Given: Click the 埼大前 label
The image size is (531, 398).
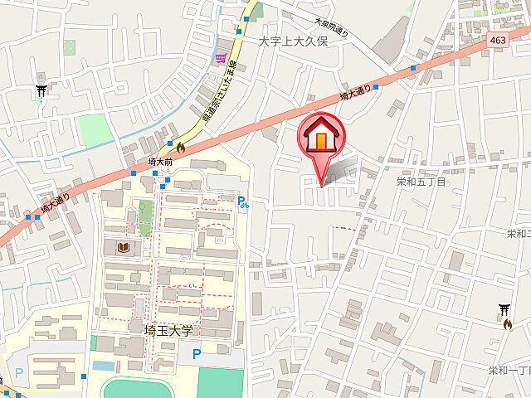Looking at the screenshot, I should pos(159,163).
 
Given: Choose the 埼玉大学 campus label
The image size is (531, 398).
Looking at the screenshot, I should pos(168,329).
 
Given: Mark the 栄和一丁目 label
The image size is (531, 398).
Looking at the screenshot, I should pos(509,370).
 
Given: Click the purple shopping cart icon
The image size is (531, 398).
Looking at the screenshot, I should pos(220,58).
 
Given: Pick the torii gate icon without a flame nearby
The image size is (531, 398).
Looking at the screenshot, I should pos(41,90).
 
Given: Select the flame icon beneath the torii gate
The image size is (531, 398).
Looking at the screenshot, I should pos(506,323).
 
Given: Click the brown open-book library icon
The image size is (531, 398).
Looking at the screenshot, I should pos(124,247).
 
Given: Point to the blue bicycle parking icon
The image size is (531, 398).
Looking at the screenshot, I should pos(242,201).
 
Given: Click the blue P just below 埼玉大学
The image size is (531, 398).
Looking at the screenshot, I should pos(197,354).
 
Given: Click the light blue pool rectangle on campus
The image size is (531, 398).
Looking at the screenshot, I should pos(104,366).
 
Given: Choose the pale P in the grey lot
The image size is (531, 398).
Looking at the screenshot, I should pos(19,374).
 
